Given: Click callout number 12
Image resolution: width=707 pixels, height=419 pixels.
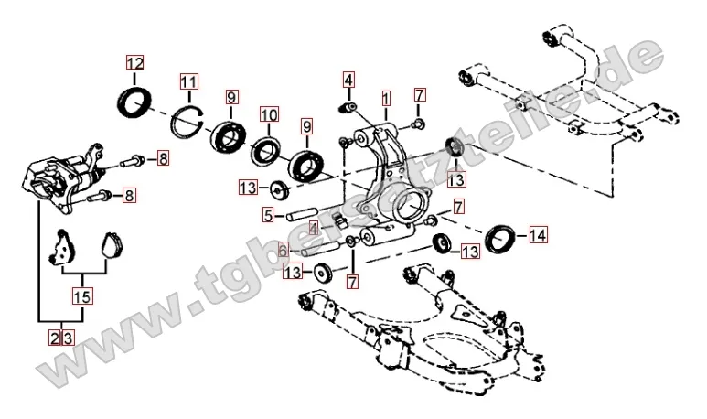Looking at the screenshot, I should point(135,64).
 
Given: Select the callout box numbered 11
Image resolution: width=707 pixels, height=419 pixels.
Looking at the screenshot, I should point(188,81).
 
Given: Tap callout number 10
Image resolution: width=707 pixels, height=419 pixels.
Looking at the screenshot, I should point(268,115).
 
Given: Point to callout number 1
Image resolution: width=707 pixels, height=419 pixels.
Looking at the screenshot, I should point(387,96).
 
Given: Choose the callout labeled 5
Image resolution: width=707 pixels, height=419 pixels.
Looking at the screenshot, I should point(268,216).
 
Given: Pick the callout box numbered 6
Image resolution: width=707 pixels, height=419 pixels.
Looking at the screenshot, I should point(284,249).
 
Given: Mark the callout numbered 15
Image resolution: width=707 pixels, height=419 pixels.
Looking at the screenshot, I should point(83,296).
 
